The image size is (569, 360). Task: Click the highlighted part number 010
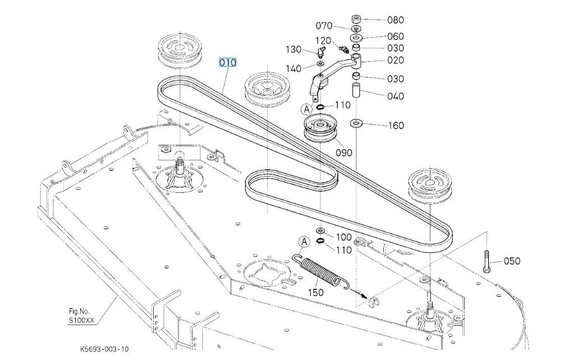click(x=228, y=62)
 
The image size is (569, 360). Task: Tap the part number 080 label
click(x=396, y=20)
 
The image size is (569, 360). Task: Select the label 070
click(x=324, y=26)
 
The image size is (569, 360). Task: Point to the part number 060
click(x=396, y=36)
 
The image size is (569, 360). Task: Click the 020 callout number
click(x=396, y=60)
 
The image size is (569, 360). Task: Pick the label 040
click(x=396, y=96)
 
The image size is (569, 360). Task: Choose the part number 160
click(x=396, y=125)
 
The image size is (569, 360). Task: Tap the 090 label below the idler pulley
click(x=344, y=153)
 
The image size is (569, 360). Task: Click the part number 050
click(x=511, y=261)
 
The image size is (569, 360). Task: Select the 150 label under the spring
click(x=316, y=292)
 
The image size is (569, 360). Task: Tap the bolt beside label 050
click(x=486, y=261)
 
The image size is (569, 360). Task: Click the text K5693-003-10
click(x=104, y=349)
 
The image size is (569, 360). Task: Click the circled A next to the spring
click(x=304, y=242)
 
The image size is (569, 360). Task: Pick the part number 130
click(x=293, y=49)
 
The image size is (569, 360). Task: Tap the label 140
click(x=293, y=68)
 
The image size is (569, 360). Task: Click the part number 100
click(x=343, y=238)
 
